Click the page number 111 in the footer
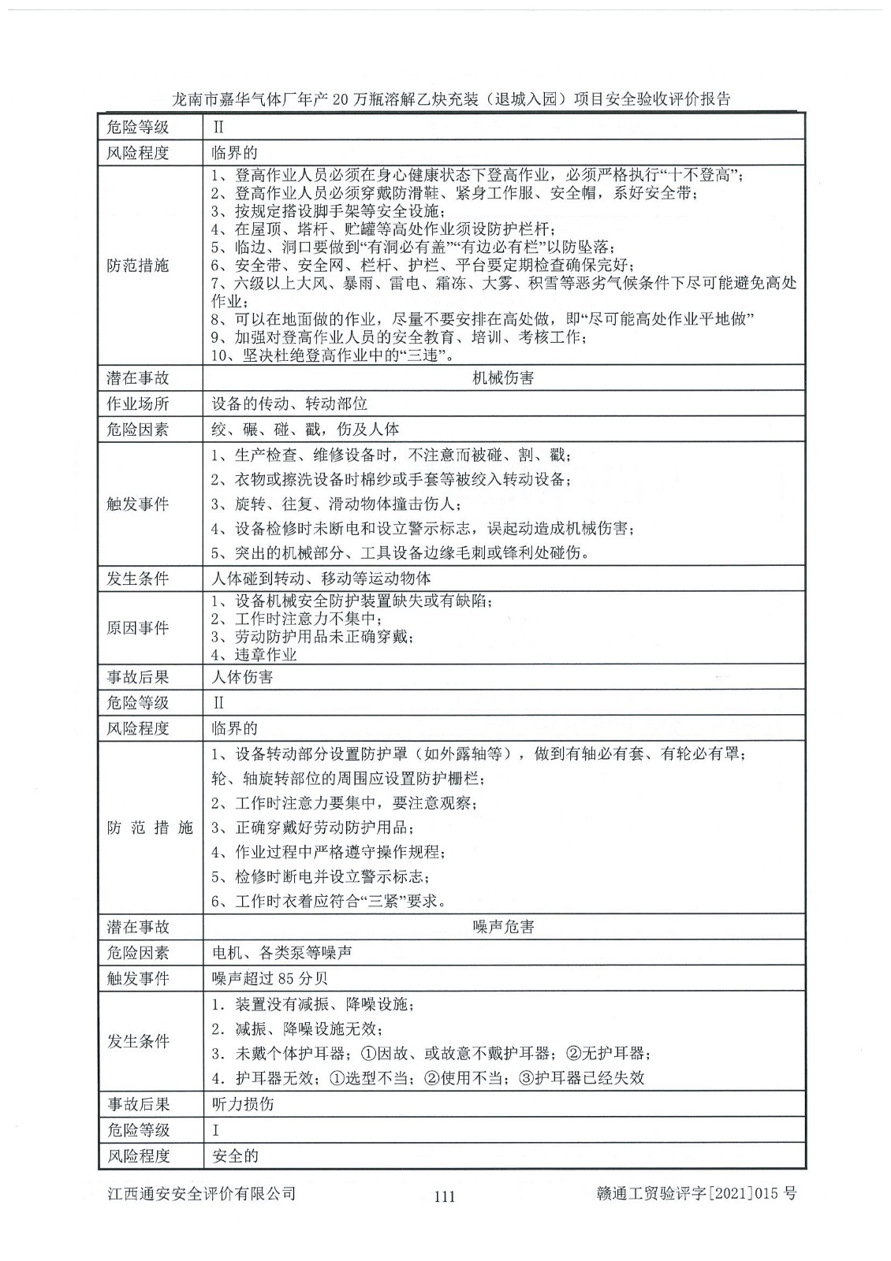[x=445, y=1196]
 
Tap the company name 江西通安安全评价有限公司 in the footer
[x=201, y=1193]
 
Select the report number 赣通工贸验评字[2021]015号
[x=697, y=1193]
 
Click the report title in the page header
[x=451, y=99]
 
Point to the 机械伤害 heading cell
[x=503, y=378]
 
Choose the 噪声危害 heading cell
[x=503, y=926]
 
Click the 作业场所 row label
[x=138, y=404]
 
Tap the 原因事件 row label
[x=138, y=628]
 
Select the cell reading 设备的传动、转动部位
[x=289, y=404]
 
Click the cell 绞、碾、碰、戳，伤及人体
[x=305, y=430]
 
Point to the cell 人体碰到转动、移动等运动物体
[x=321, y=578]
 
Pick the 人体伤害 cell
[x=242, y=677]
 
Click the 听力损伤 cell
[x=243, y=1104]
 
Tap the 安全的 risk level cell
[x=235, y=1156]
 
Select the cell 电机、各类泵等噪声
[x=281, y=952]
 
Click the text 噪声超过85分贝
[x=270, y=978]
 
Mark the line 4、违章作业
[x=254, y=655]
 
